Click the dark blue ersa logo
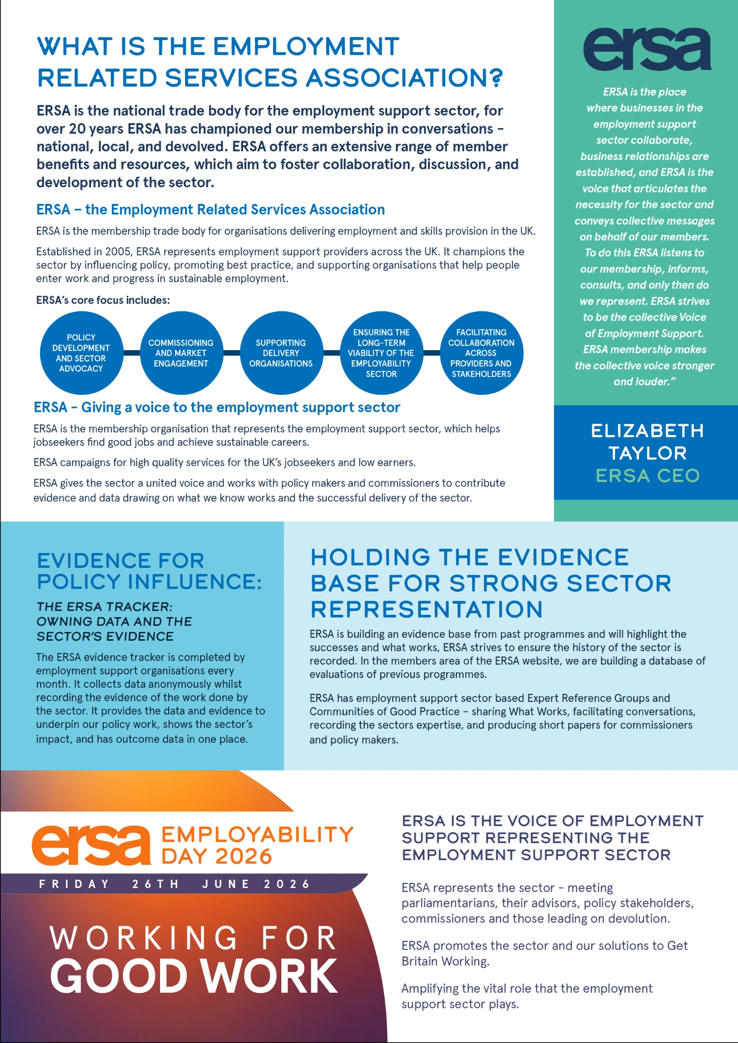647,49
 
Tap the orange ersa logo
91,845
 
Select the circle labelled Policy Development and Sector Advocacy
81,353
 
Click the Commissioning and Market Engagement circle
181,353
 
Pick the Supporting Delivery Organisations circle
281,353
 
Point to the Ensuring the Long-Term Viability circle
381,353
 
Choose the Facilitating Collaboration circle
481,353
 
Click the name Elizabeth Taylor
647,442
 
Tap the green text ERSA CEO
647,476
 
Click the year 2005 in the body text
118,252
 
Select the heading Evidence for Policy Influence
149,571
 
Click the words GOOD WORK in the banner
194,976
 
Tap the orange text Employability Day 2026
256,845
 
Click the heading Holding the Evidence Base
491,583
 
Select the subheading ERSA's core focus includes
103,300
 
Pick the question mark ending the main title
496,77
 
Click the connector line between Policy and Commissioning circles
131,353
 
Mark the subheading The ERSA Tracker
114,621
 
